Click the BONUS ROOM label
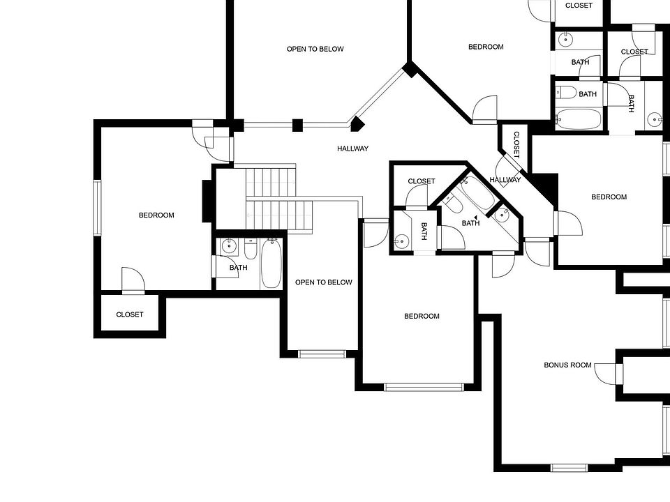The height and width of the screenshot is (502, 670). pos(567,365)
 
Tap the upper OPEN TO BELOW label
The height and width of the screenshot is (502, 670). pos(315,49)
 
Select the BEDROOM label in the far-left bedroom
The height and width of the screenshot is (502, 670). pos(156,215)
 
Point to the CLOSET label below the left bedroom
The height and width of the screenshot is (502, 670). pos(130,314)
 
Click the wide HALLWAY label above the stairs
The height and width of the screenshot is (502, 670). pos(352,149)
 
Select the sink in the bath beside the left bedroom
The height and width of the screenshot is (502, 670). pos(230,245)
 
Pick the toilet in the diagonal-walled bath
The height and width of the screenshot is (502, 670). pos(453,203)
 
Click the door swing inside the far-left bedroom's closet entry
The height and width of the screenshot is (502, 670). pos(133,278)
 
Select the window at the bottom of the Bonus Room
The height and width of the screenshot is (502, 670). pos(569,467)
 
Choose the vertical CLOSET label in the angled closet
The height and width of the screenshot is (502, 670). pos(516,144)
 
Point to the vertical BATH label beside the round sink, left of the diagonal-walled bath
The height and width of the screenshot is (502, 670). pos(424,230)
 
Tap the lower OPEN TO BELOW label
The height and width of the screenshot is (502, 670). pos(323,282)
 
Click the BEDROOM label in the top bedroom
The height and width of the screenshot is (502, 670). pos(485,47)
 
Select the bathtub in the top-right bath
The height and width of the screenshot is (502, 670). pos(579,119)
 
